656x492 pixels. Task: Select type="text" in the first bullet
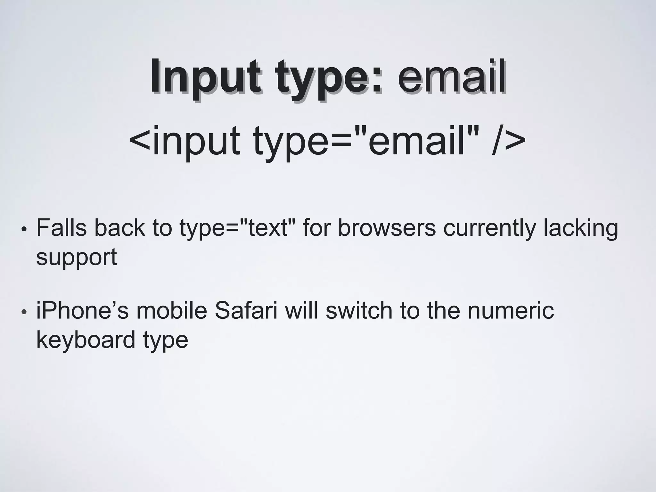(x=237, y=228)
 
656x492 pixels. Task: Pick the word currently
(x=489, y=228)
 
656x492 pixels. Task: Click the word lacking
(x=580, y=228)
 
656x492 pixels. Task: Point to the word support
(x=77, y=257)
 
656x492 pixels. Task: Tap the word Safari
(x=246, y=311)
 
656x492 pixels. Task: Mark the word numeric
(x=511, y=311)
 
